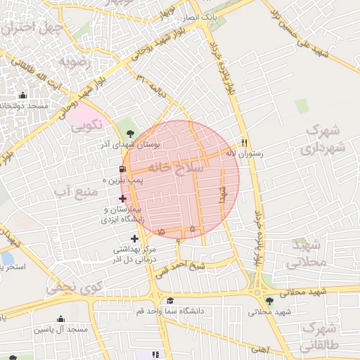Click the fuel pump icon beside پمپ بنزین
pos(124,169)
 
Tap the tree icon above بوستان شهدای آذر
pos(129,133)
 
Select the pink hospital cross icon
pos(123,199)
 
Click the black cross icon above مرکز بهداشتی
pos(134,239)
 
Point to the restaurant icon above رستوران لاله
pos(244,139)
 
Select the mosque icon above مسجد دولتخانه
pos(23,96)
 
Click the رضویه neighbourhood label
pos(73,61)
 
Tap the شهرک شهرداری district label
pos(324,140)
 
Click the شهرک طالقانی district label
pos(319,337)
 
